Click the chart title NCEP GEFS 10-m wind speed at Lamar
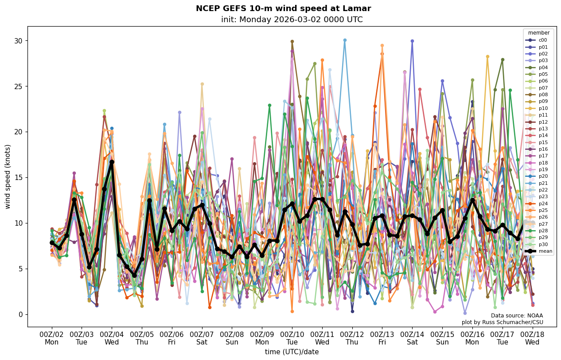click(x=283, y=8)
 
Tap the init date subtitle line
click(x=292, y=20)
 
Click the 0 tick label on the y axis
click(x=19, y=315)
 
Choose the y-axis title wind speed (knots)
click(x=8, y=176)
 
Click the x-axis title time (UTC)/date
click(x=292, y=352)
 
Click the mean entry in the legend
click(x=539, y=251)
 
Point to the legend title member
click(x=538, y=33)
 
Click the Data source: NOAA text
click(x=517, y=316)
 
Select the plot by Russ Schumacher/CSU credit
click(x=502, y=322)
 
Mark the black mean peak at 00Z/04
click(x=112, y=162)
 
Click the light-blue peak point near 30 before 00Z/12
click(x=345, y=40)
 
